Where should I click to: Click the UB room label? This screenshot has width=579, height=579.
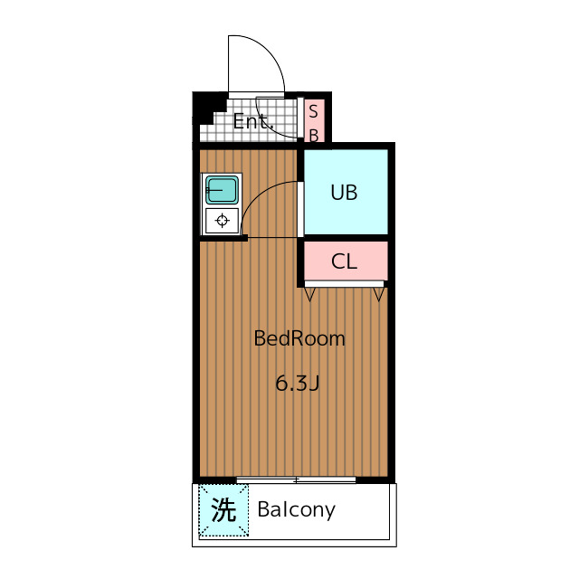pyautogui.click(x=344, y=193)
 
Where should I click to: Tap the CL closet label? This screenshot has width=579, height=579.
pyautogui.click(x=344, y=261)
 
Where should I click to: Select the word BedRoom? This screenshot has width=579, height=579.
pyautogui.click(x=299, y=338)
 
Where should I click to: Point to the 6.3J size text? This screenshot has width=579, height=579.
pyautogui.click(x=298, y=384)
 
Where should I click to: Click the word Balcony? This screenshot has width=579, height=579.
pyautogui.click(x=297, y=510)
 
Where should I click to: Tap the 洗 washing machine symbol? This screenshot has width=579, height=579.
pyautogui.click(x=223, y=510)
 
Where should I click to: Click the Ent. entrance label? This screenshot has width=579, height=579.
pyautogui.click(x=253, y=121)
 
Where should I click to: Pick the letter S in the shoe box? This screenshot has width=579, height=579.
pyautogui.click(x=314, y=111)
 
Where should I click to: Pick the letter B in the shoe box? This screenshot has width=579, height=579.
pyautogui.click(x=314, y=136)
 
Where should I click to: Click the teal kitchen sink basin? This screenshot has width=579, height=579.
pyautogui.click(x=222, y=190)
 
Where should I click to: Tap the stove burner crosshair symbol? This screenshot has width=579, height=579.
pyautogui.click(x=222, y=221)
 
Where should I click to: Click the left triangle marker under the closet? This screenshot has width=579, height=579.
pyautogui.click(x=309, y=294)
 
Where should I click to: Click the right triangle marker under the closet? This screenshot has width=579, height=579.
pyautogui.click(x=379, y=294)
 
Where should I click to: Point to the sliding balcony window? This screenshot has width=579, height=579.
pyautogui.click(x=296, y=480)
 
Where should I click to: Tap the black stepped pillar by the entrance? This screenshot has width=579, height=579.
pyautogui.click(x=209, y=109)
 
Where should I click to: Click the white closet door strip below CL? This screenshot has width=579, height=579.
pyautogui.click(x=344, y=283)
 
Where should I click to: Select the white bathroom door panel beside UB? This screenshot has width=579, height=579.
pyautogui.click(x=300, y=209)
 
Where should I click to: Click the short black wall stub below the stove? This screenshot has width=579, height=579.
pyautogui.click(x=224, y=238)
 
